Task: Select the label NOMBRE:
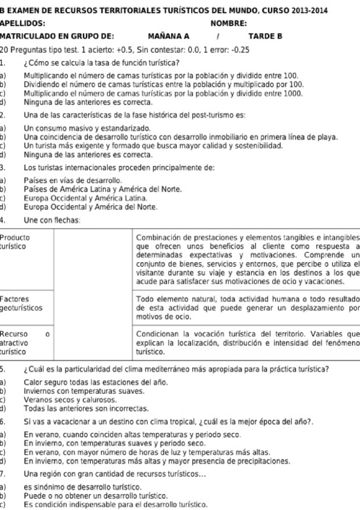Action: (228, 23)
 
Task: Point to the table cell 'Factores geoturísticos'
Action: (21, 302)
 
